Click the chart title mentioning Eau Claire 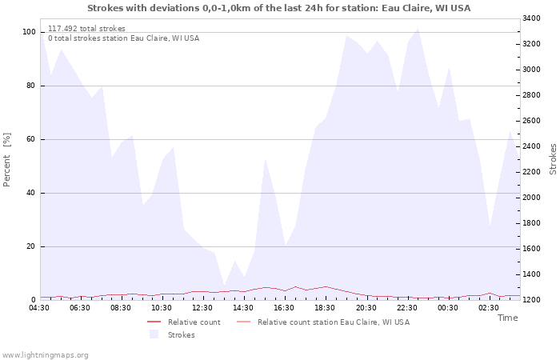coord(278,8)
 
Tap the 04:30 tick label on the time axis coord(39,308)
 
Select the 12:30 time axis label coord(202,308)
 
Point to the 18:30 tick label coord(325,308)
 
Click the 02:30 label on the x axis coord(489,308)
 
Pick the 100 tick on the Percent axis coord(30,32)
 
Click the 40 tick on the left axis coord(31,193)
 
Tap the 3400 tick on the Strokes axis coord(531,18)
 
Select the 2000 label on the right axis coord(531,198)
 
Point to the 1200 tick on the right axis coord(531,300)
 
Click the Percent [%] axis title coord(6,160)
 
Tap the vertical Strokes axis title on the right coord(553,159)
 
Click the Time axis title coord(508,318)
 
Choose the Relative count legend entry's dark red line coord(154,322)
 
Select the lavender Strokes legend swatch coord(154,334)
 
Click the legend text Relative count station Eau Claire coord(334,322)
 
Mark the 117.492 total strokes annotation coord(86,29)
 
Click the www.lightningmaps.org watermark coord(45,355)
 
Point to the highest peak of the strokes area coord(418,28)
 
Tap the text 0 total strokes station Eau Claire coord(123,38)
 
